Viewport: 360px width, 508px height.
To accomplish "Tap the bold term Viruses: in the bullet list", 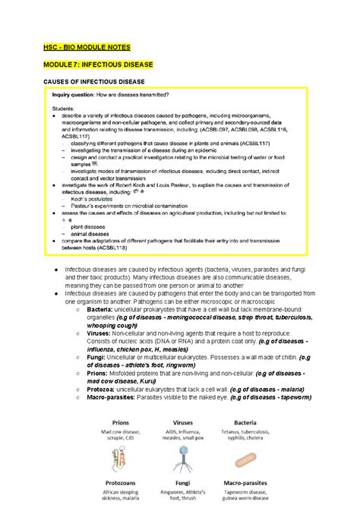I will [x=99, y=331].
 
